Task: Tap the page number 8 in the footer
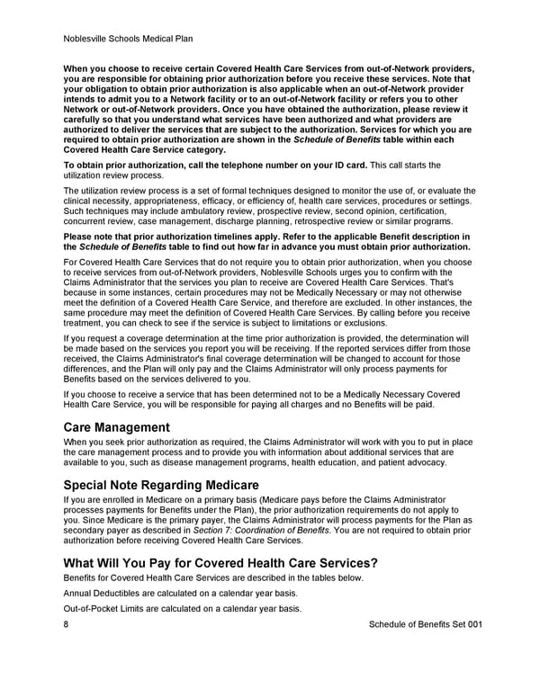pos(67,623)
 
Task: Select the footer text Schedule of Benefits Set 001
pos(426,623)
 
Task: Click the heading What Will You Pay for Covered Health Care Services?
pos(220,563)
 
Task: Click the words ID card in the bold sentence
pos(345,166)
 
